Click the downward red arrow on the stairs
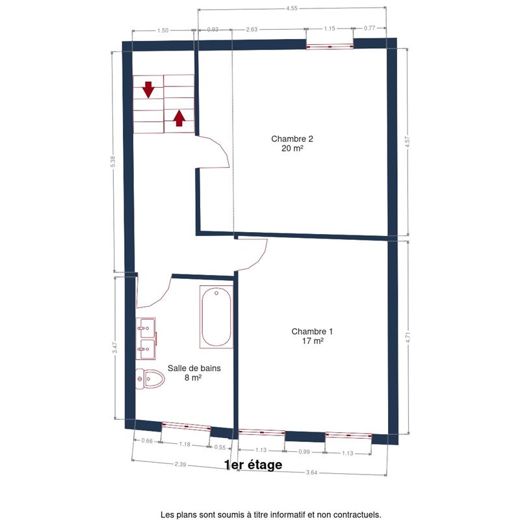pos(148,90)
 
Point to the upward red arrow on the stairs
pos(179,118)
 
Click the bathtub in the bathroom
pos(216,317)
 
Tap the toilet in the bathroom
pos(150,379)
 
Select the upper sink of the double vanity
pos(146,328)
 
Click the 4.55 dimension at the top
pos(292,8)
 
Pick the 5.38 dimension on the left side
pos(113,161)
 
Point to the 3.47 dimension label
pos(115,348)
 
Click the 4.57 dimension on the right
pos(408,142)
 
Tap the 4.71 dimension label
pos(408,337)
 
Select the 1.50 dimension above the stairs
pos(163,31)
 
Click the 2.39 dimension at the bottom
pos(181,464)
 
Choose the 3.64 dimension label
pos(311,473)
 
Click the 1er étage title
pos(253,465)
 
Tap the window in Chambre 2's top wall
pos(330,47)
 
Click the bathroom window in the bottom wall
pos(186,426)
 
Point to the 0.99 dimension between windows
pos(304,452)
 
